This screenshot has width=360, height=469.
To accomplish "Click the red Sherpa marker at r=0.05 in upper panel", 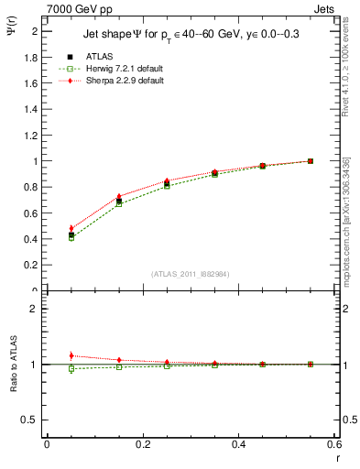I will (x=71, y=228).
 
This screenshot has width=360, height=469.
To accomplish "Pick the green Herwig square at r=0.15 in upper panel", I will (x=119, y=203).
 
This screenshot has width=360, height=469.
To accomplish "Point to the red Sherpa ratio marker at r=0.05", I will (x=71, y=355).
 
